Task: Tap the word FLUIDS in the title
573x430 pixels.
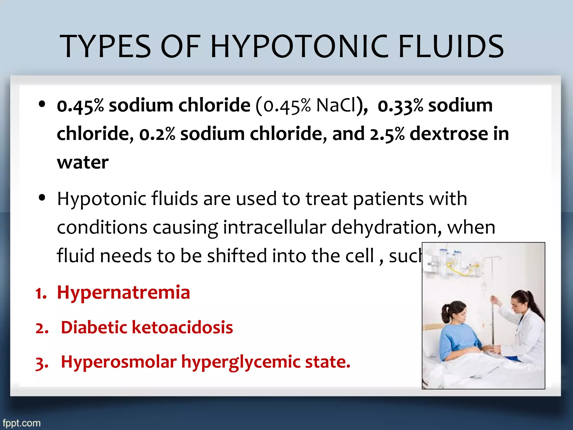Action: coord(451,46)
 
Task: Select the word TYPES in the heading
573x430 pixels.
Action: coord(105,46)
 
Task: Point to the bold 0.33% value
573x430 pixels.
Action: coord(400,106)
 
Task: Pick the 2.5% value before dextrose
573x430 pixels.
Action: coord(387,134)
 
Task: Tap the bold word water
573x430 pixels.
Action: coord(83,163)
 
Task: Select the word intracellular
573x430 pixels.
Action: coord(274,227)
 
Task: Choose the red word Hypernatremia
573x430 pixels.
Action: coord(123,293)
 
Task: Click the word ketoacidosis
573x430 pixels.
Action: coord(182,327)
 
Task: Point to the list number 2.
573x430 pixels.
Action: coord(42,328)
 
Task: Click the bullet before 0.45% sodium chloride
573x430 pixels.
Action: coord(42,104)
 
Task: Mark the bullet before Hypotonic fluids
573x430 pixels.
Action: coord(42,198)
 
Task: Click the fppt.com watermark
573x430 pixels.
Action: coord(22,423)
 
